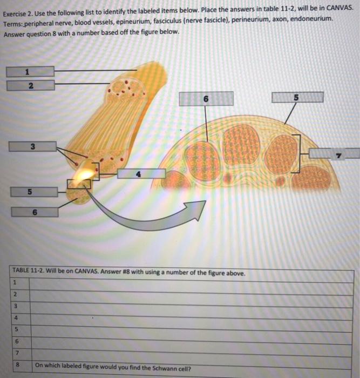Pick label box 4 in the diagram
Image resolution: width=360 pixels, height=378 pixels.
point(141,173)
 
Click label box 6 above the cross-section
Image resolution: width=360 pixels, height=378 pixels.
point(206,99)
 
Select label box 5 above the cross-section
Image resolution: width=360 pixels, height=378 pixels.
point(297,97)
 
